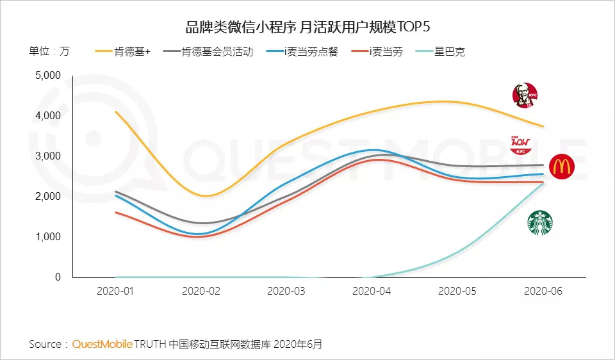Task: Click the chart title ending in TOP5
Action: point(307,26)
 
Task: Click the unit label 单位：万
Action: point(49,52)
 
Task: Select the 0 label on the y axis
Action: point(57,277)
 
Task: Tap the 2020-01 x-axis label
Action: point(115,291)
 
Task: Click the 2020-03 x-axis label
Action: point(286,291)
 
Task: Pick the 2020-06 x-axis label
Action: point(543,291)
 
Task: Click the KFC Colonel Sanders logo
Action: point(525,95)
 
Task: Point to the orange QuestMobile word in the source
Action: point(102,344)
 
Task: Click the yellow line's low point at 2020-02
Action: point(202,196)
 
